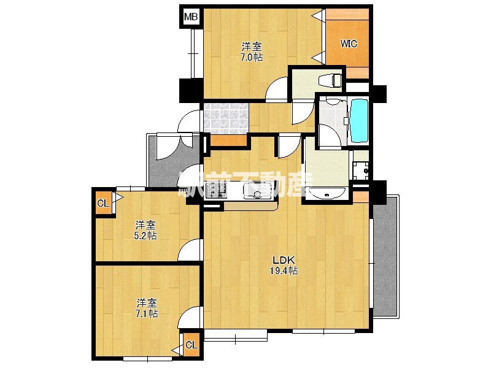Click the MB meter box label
click(191, 17)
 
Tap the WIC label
click(349, 44)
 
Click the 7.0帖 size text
click(252, 57)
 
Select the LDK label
click(284, 259)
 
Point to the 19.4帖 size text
click(284, 270)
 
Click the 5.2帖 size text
click(145, 236)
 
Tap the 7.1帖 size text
click(147, 313)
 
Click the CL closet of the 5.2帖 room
click(104, 203)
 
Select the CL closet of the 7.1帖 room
click(191, 345)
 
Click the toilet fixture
click(330, 80)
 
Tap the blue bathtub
click(359, 120)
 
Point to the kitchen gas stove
click(216, 191)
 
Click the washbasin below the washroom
click(327, 194)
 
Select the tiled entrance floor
click(226, 118)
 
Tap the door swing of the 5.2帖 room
click(189, 250)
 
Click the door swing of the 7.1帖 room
click(189, 316)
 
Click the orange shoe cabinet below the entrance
click(228, 140)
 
